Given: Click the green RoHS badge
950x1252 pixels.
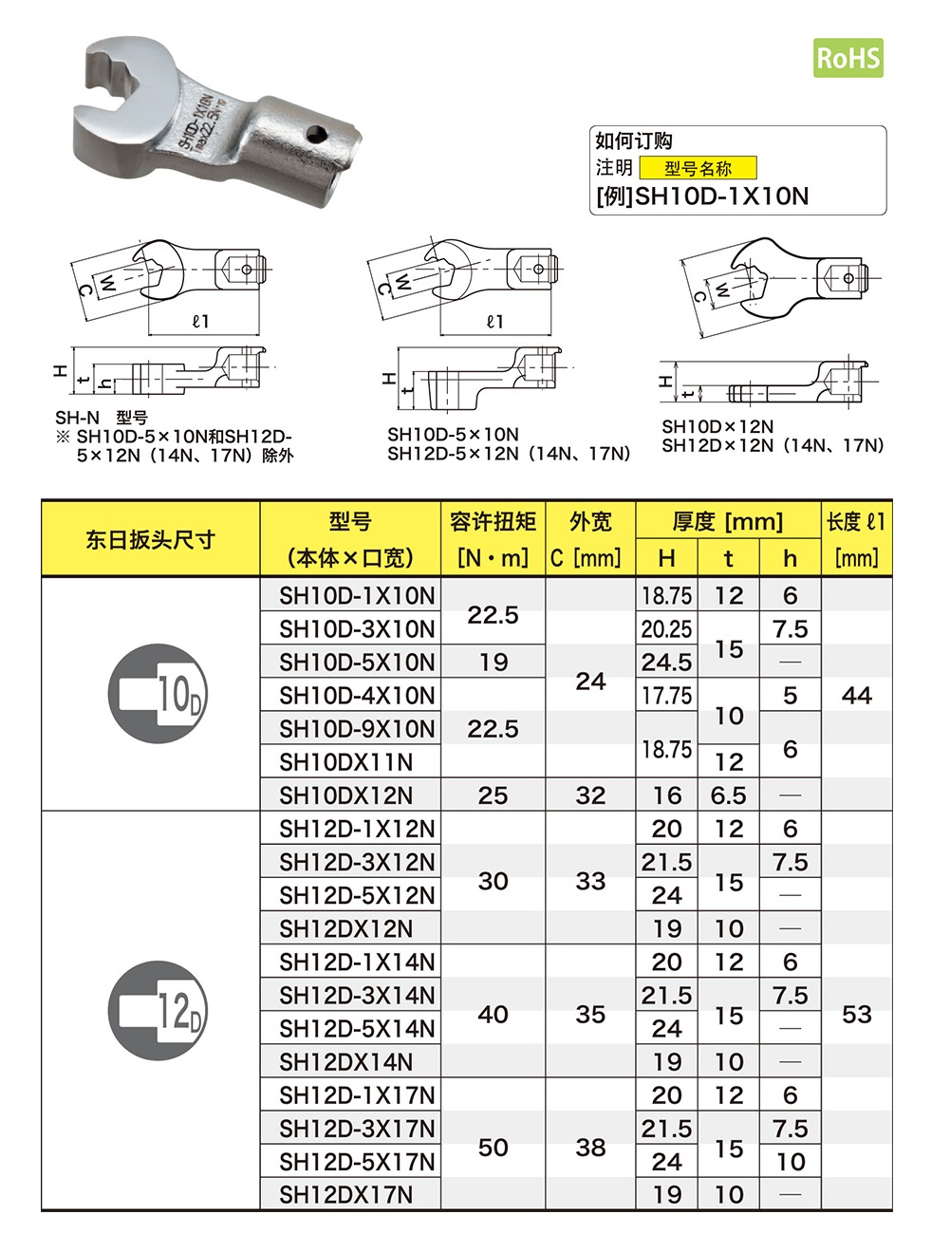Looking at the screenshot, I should point(848,58).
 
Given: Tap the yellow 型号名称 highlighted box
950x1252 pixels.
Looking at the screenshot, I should point(698,168).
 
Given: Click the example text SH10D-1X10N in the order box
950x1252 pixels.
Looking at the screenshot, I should point(721,196).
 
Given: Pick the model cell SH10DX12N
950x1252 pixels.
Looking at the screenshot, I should point(346,795).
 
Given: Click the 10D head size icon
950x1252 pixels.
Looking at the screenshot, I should point(158,694).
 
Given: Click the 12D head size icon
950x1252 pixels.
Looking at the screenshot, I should point(158,1011).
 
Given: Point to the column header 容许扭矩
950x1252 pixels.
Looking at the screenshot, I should point(493,521).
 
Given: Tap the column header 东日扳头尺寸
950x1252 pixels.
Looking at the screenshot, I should point(150,539).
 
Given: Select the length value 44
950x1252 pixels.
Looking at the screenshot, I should point(856,696).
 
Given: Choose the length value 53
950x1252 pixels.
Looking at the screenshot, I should point(856,1015).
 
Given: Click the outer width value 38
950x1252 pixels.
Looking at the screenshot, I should point(590,1148).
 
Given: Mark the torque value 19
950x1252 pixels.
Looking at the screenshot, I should point(493,662).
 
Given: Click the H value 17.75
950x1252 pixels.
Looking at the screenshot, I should point(666,696).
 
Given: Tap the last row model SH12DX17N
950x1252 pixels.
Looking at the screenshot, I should point(346,1194).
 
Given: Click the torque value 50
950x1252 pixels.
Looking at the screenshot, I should point(493,1148).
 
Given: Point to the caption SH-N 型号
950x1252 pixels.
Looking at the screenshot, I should point(102,418).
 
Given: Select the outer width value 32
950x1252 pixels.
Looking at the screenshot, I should point(590,795).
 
